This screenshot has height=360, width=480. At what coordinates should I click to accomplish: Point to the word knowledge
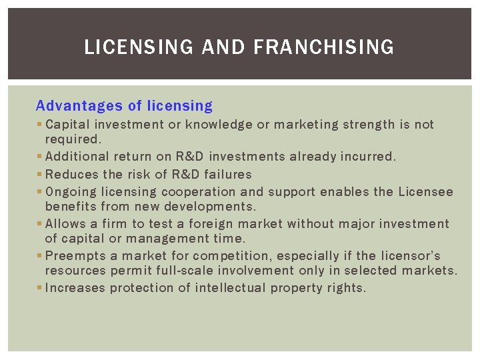coord(219,125)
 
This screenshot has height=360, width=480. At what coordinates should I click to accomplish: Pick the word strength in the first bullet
coord(369,125)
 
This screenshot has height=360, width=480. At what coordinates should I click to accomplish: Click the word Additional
coord(76,157)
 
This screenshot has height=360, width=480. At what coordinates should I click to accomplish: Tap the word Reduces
coord(71,175)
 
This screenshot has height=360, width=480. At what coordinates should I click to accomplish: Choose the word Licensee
coord(425,192)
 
